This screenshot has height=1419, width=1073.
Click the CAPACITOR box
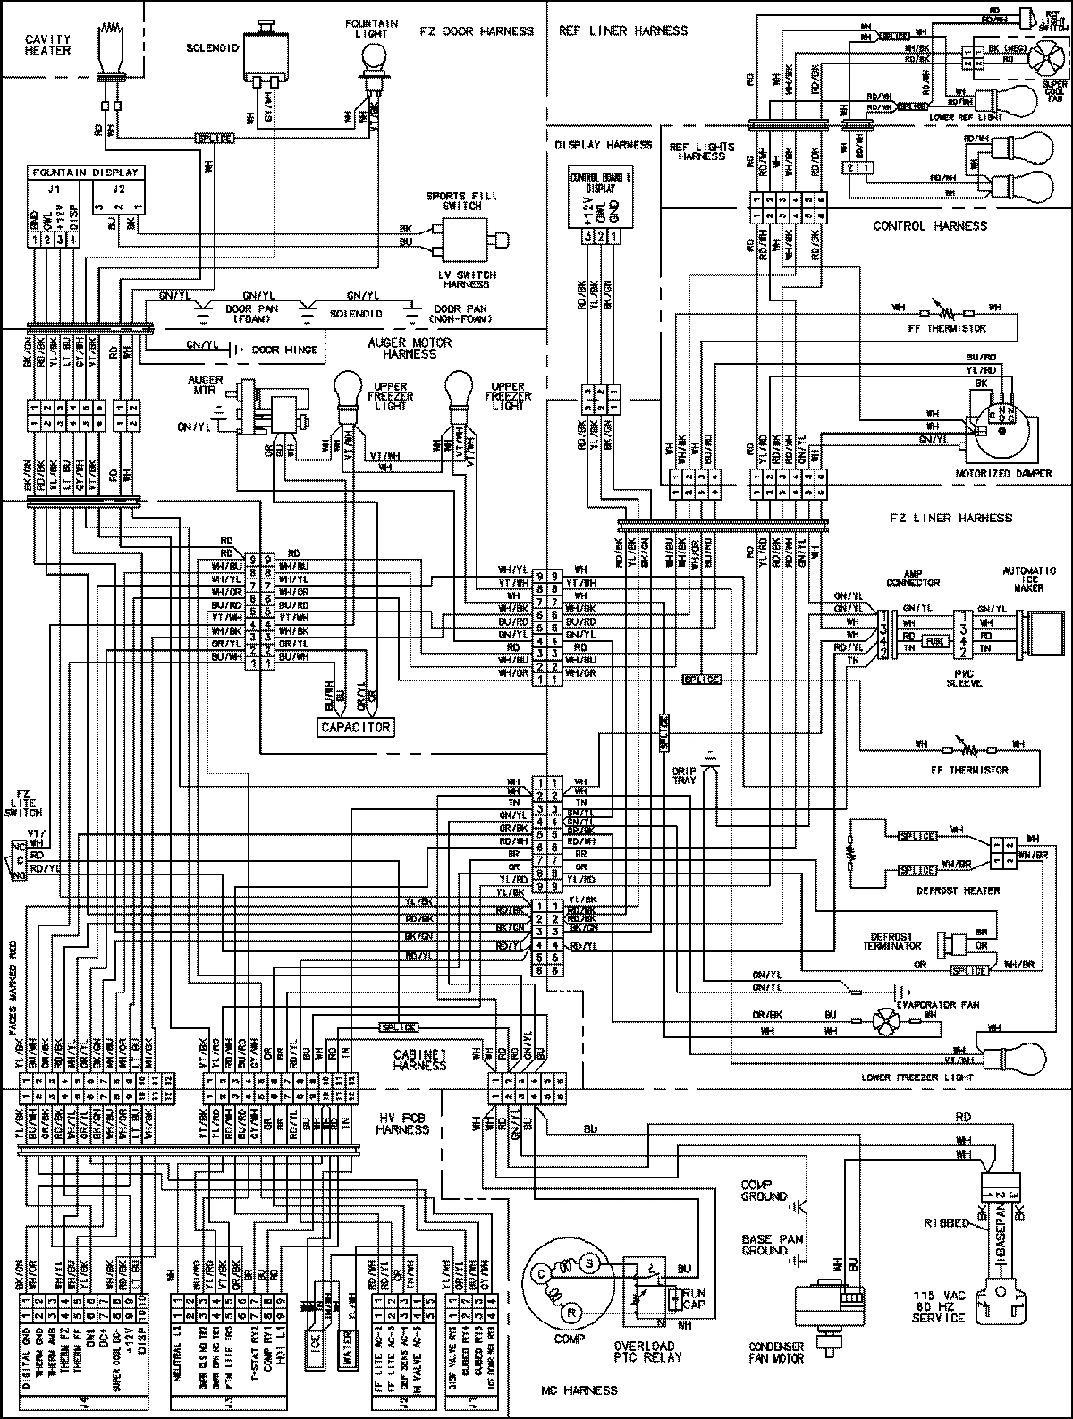click(356, 727)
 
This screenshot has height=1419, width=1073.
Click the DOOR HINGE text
click(285, 350)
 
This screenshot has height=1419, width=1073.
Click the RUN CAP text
click(693, 1299)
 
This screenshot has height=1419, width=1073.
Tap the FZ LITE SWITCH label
click(25, 805)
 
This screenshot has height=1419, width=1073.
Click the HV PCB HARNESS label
click(403, 1124)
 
